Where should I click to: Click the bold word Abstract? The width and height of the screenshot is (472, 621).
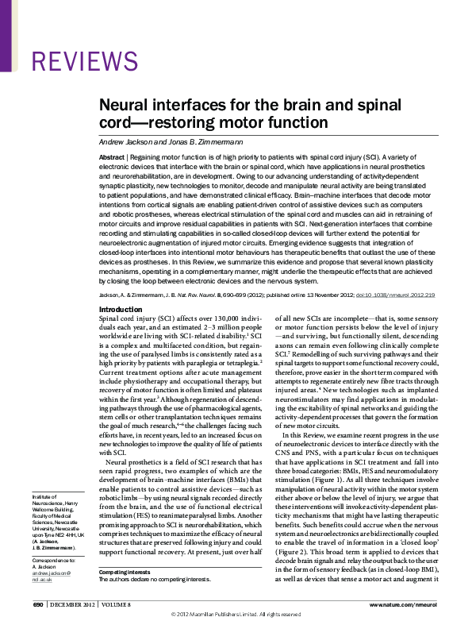point(112,158)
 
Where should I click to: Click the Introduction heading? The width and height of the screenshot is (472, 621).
point(121,309)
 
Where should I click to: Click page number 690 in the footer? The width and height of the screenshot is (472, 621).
point(37,604)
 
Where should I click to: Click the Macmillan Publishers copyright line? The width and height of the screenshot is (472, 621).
point(236,615)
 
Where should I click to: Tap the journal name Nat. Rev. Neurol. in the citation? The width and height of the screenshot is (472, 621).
point(220,294)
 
